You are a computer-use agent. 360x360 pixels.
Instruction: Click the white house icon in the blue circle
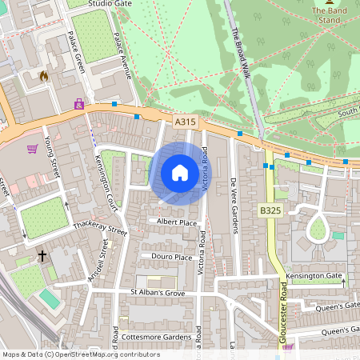click(x=180, y=173)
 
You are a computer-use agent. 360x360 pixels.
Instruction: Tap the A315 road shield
click(x=185, y=122)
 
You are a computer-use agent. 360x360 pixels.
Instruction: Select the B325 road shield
click(x=270, y=210)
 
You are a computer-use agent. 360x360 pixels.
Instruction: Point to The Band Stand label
click(x=330, y=11)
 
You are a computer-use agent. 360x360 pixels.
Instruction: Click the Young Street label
click(x=53, y=156)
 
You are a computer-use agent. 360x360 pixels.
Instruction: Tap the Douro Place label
click(x=172, y=257)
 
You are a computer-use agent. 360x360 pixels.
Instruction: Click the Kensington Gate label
click(x=315, y=276)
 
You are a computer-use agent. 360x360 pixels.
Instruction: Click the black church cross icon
click(x=42, y=257)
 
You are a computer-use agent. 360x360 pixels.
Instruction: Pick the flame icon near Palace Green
click(x=43, y=76)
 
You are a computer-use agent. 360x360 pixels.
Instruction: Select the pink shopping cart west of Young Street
click(x=32, y=149)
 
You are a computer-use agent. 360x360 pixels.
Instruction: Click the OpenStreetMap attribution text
click(x=81, y=354)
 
